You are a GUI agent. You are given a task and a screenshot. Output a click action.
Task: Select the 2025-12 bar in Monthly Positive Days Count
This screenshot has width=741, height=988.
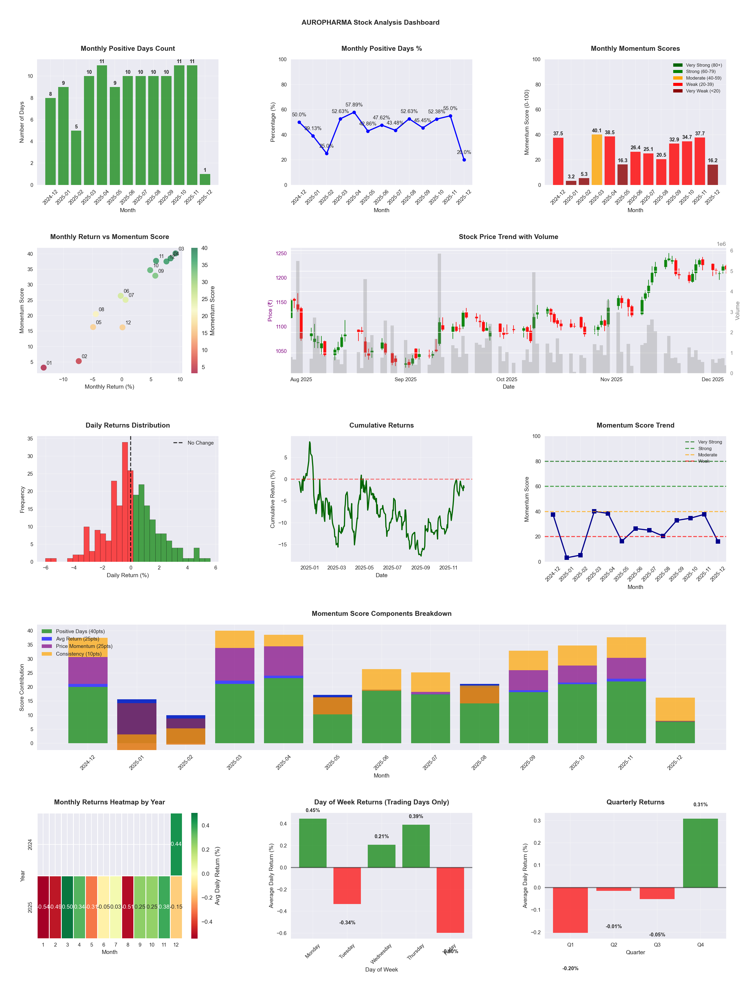pyautogui.click(x=205, y=179)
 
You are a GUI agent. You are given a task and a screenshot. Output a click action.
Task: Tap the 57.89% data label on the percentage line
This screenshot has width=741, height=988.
pyautogui.click(x=354, y=105)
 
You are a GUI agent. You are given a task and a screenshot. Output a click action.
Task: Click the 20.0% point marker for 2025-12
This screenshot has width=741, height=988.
pyautogui.click(x=464, y=159)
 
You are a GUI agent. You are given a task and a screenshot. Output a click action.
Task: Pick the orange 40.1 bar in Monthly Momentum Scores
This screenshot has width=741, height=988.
pyautogui.click(x=596, y=159)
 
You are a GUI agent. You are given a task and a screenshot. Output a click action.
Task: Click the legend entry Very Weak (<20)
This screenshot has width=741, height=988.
pyautogui.click(x=703, y=91)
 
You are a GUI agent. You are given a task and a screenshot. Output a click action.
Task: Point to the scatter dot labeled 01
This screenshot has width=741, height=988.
pyautogui.click(x=43, y=367)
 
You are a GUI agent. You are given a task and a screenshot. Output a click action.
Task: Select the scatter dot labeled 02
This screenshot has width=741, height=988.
pyautogui.click(x=78, y=361)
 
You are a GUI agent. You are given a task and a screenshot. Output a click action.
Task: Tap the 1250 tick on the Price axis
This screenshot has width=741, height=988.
pyautogui.click(x=281, y=253)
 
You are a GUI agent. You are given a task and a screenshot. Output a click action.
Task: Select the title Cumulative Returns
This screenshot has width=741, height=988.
pyautogui.click(x=381, y=425)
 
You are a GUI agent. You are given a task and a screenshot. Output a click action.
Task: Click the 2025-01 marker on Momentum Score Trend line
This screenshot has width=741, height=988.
pyautogui.click(x=566, y=557)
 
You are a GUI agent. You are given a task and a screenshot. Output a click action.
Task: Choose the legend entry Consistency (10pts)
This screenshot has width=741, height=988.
pyautogui.click(x=78, y=654)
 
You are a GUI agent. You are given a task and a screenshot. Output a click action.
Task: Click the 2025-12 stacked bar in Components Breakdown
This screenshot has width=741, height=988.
pyautogui.click(x=675, y=720)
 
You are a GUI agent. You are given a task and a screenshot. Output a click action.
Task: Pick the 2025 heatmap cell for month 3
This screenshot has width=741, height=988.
pyautogui.click(x=68, y=907)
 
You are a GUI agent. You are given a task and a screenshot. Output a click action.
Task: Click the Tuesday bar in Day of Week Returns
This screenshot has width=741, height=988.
pyautogui.click(x=347, y=886)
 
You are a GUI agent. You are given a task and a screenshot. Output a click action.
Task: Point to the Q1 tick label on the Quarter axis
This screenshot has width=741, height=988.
pyautogui.click(x=570, y=945)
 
